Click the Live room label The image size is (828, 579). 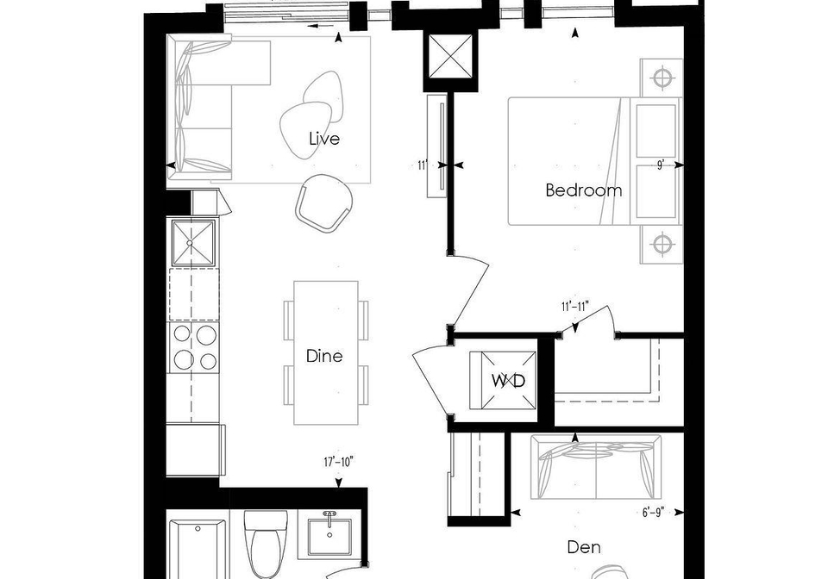point(324,139)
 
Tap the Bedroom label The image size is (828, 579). point(584,190)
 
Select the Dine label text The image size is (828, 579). point(324,356)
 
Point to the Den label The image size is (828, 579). point(584,547)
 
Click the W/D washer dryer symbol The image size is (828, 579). point(503,380)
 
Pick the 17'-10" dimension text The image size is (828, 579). point(338,463)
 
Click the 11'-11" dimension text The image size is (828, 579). point(575,307)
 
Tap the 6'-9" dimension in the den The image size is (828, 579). point(653,512)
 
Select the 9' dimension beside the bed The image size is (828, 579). point(660,165)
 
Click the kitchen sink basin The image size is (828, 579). point(194,243)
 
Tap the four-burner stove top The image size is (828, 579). point(194,347)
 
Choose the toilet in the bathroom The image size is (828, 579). point(267,543)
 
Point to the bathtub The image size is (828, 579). point(198,549)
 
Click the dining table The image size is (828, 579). point(326,352)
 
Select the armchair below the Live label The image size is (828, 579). point(323,202)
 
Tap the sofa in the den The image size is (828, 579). point(596,467)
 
